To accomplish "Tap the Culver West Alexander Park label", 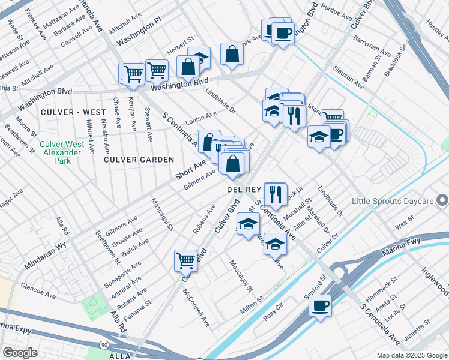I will pos(60,148).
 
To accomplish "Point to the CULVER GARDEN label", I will pos(139,160).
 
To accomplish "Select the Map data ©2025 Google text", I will pos(411,355).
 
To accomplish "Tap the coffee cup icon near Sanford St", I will pos(320,305).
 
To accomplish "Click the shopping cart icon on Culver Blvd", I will pos(186,260).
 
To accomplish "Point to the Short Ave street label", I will pos(191,169).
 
